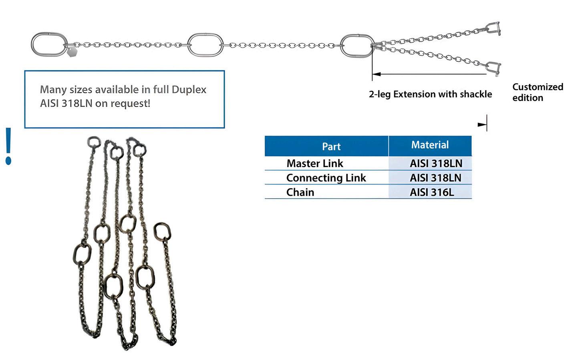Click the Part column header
point(331,147)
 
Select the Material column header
point(430,145)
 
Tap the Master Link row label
point(315,163)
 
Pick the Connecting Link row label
point(326,178)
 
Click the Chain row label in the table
point(300,192)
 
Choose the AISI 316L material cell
point(432,192)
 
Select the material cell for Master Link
point(436,163)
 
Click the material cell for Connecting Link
point(435,178)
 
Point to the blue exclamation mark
point(8,146)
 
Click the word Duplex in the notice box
point(189,89)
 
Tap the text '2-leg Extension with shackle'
point(430,95)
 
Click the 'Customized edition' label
point(538,93)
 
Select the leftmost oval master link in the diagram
point(49,44)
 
